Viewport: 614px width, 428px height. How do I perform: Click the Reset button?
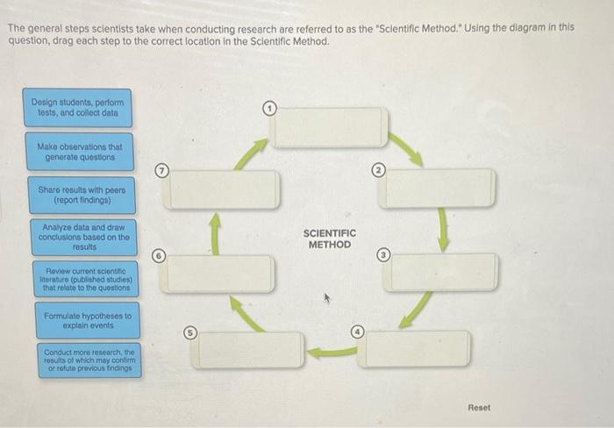pyautogui.click(x=479, y=408)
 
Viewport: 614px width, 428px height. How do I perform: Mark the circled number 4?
pyautogui.click(x=358, y=332)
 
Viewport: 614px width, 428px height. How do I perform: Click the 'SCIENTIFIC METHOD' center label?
pyautogui.click(x=329, y=239)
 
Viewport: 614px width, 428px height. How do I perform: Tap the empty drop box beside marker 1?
pyautogui.click(x=328, y=127)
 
